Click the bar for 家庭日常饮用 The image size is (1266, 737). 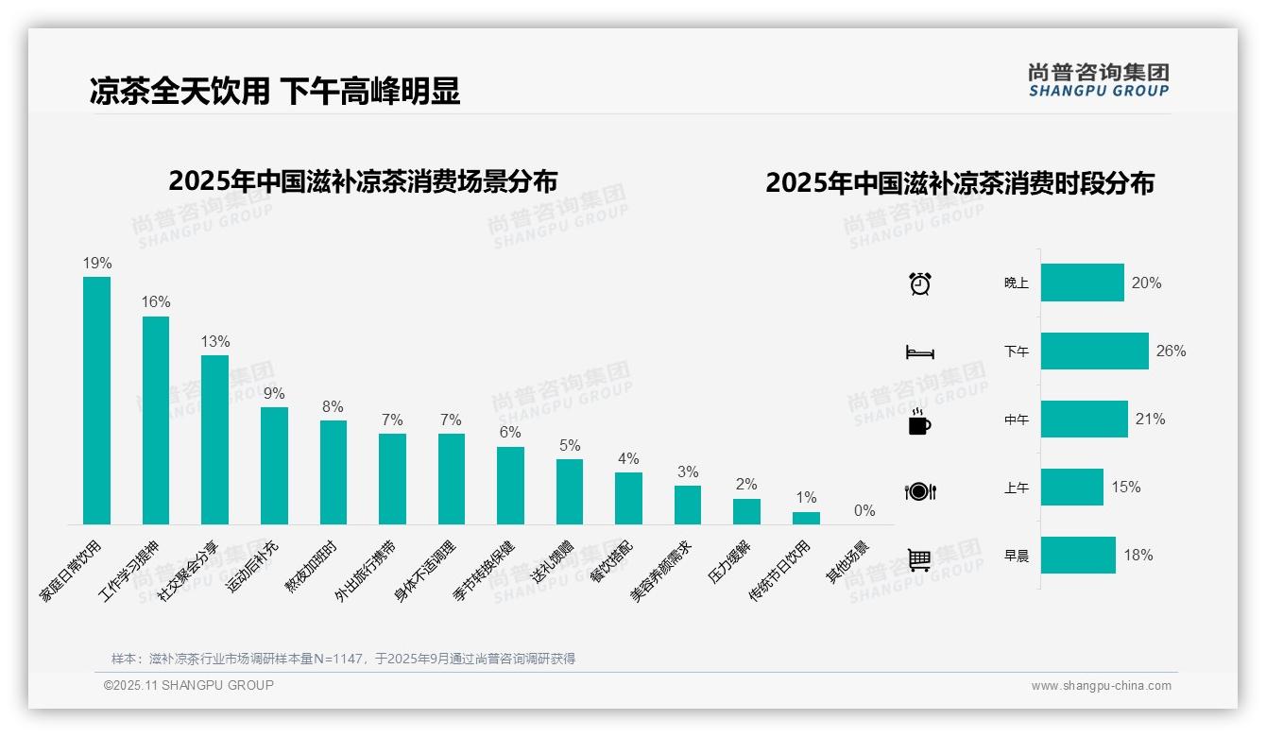pos(96,400)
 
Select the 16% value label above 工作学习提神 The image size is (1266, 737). pos(156,302)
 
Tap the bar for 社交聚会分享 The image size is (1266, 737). pos(214,439)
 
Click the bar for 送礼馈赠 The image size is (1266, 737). pos(570,491)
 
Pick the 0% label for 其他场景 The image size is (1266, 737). pos(864,511)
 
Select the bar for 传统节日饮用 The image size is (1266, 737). pos(806,518)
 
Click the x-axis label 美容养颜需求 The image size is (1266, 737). pos(661,571)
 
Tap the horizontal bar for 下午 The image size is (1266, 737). pos(1094,351)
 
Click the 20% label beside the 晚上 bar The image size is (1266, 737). pos(1146,283)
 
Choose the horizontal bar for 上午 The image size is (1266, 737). pos(1071,487)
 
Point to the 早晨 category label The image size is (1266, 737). pos(1017,556)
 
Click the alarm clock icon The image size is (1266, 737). pos(920,283)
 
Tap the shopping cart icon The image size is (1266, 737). pos(919,559)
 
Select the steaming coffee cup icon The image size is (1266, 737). pos(919,421)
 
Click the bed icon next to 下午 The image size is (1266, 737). pos(919,352)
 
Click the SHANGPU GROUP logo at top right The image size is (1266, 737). pos(1098,79)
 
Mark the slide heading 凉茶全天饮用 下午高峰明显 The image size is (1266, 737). pos(275,92)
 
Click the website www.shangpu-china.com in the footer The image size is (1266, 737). pos(1101,686)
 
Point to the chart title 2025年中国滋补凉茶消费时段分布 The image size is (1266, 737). pos(960,182)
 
